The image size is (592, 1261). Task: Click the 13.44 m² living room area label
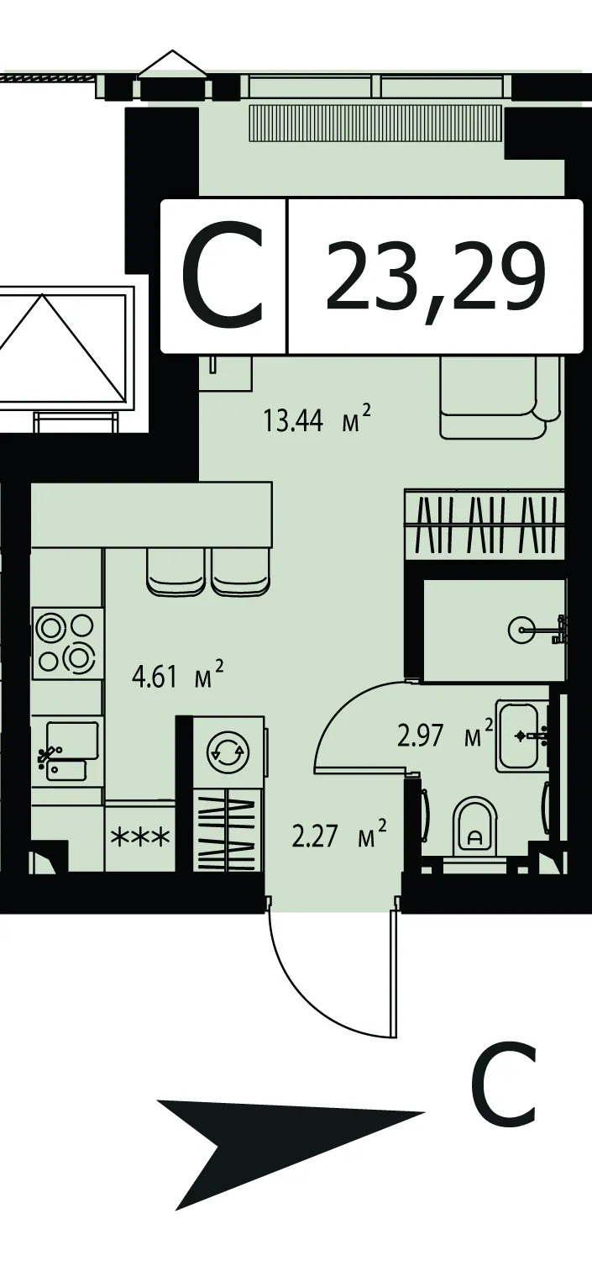click(318, 419)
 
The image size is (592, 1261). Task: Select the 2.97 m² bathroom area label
click(445, 735)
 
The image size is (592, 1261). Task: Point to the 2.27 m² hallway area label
click(339, 834)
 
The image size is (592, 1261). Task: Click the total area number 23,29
click(436, 277)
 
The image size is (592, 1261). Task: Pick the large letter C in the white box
click(223, 275)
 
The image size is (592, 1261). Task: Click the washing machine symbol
click(227, 752)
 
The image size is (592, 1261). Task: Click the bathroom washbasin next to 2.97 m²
click(522, 735)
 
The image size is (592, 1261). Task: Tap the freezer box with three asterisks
click(140, 836)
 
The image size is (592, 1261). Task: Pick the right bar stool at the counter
click(240, 572)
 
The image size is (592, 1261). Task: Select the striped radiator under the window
click(375, 124)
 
